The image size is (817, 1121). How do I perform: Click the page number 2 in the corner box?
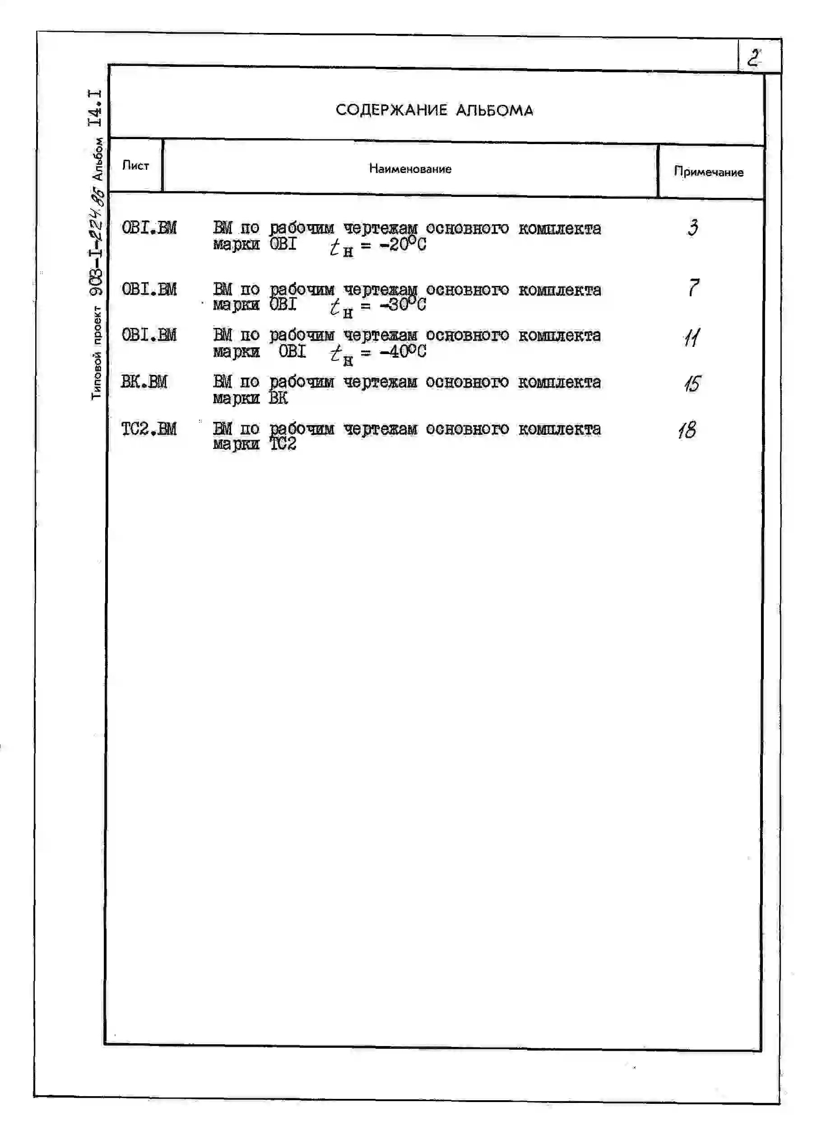pyautogui.click(x=754, y=58)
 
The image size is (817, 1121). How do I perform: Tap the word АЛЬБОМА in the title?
pyautogui.click(x=495, y=110)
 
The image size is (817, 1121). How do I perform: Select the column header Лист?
pyautogui.click(x=135, y=166)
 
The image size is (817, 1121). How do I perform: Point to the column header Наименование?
pyautogui.click(x=410, y=169)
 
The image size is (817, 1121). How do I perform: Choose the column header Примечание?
pyautogui.click(x=708, y=172)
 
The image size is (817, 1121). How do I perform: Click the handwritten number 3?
pyautogui.click(x=693, y=228)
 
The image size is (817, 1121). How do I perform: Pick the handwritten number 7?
pyautogui.click(x=694, y=287)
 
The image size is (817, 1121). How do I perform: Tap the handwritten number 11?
pyautogui.click(x=692, y=338)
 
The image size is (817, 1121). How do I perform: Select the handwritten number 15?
pyautogui.click(x=692, y=383)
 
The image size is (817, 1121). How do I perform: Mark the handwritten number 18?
pyautogui.click(x=687, y=430)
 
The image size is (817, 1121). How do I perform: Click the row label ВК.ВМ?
pyautogui.click(x=144, y=382)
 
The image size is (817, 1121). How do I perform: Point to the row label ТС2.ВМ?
pyautogui.click(x=149, y=429)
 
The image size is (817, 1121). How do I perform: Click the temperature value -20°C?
pyautogui.click(x=403, y=244)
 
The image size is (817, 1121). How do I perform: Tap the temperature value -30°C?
pyautogui.click(x=403, y=304)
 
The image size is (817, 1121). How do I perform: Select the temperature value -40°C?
pyautogui.click(x=403, y=351)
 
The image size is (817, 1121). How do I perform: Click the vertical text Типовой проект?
pyautogui.click(x=97, y=353)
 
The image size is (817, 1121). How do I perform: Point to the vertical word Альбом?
pyautogui.click(x=98, y=159)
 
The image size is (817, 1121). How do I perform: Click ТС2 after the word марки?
pyautogui.click(x=283, y=444)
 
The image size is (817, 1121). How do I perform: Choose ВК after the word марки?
pyautogui.click(x=279, y=398)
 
